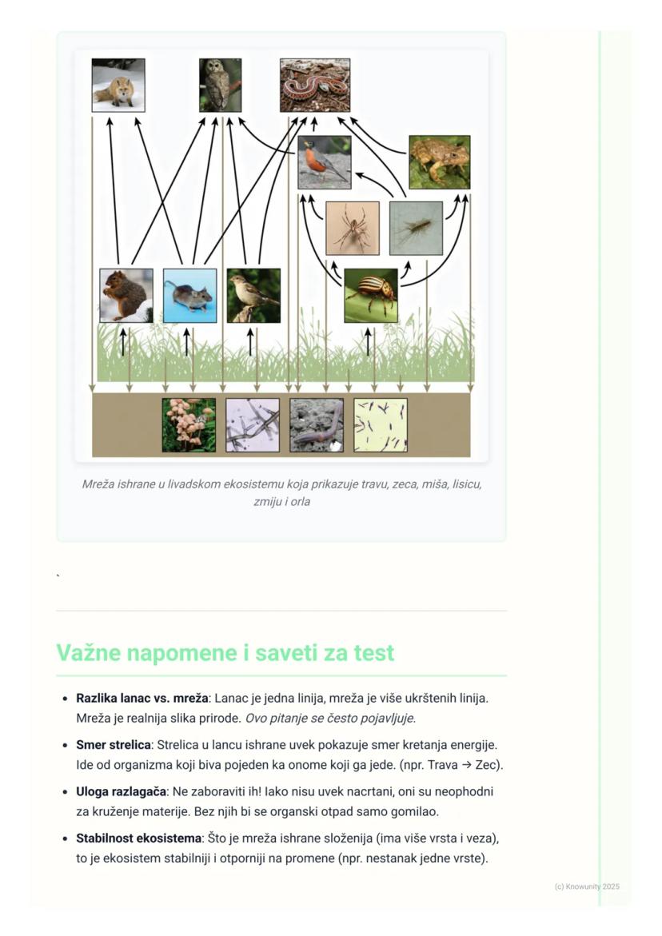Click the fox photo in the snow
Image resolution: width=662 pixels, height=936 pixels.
[x=118, y=85]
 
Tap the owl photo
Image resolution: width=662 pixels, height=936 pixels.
[x=220, y=85]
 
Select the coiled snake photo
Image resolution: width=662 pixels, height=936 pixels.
[x=315, y=85]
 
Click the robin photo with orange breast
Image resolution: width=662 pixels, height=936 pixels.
[x=325, y=162]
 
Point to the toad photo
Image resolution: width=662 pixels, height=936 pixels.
[x=440, y=162]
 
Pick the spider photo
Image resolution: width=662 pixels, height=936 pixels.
[x=353, y=228]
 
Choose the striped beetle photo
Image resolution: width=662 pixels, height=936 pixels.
[x=371, y=296]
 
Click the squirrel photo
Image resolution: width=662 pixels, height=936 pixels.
[x=126, y=296]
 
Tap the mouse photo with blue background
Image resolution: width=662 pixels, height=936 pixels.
[x=189, y=296]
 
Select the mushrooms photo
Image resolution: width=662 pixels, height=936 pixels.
[x=189, y=425]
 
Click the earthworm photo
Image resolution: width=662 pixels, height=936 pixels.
[x=317, y=425]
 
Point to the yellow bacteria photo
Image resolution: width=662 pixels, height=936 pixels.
[x=381, y=425]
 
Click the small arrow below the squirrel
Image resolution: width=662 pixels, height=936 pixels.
[x=122, y=341]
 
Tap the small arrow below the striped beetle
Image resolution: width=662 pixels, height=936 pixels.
[x=368, y=341]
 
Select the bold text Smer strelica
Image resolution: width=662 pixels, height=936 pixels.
[x=113, y=745]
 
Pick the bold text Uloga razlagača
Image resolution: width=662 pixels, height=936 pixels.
[x=121, y=792]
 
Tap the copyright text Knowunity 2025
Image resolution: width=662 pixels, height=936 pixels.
[x=587, y=886]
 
